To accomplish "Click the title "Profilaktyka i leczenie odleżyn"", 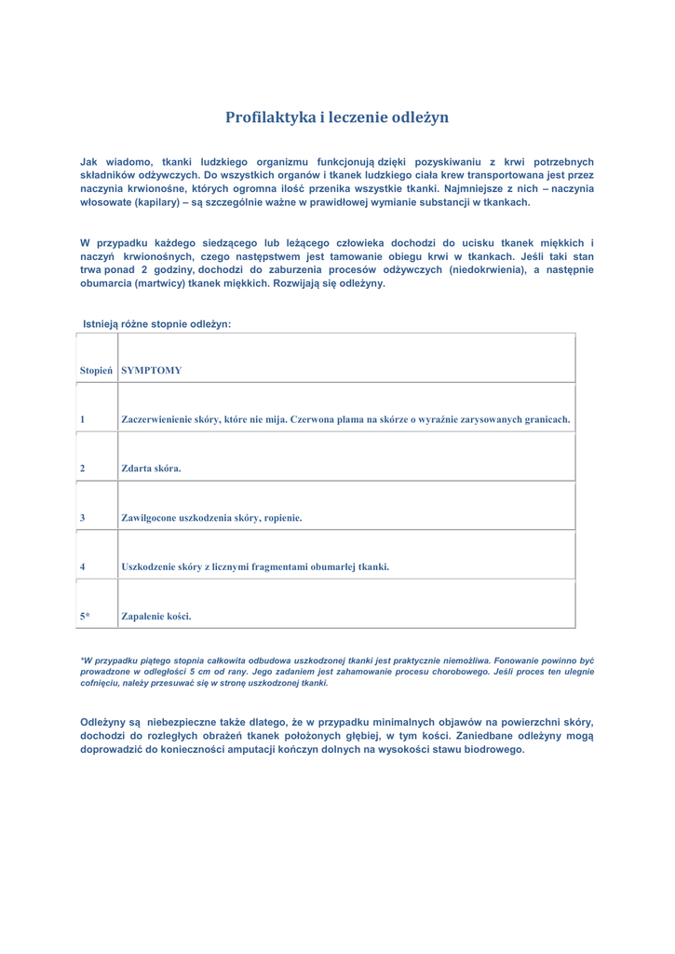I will pos(337,117).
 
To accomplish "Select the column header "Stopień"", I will pos(96,370).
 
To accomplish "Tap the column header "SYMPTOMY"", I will pos(152,370).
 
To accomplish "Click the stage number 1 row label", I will pos(83,419).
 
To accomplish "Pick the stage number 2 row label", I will pos(83,469).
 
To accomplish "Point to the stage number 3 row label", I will pos(83,517).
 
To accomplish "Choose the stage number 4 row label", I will pos(83,566).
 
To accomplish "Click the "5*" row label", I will pos(85,615).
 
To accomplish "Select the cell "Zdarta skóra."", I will pos(151,469).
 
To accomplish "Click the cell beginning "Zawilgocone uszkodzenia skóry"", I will pos(211,517).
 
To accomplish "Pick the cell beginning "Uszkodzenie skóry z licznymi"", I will pos(255,566).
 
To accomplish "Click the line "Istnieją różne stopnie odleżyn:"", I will pos(156,324).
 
